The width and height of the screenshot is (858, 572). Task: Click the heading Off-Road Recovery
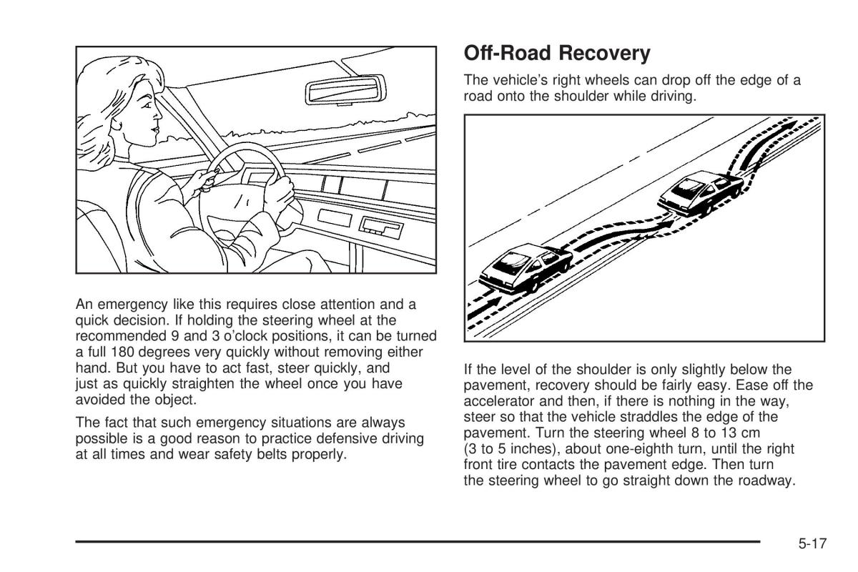click(557, 54)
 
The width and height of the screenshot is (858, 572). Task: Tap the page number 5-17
click(812, 544)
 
